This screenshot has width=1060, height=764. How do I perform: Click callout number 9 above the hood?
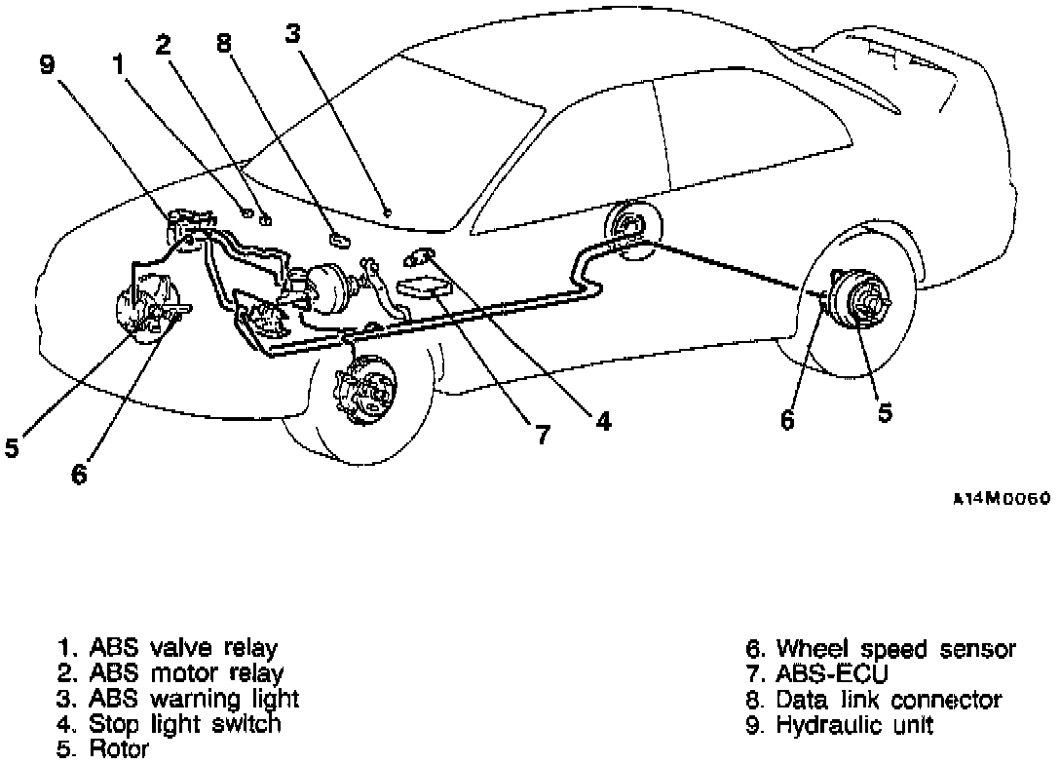point(47,65)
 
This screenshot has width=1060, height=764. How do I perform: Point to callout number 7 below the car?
point(543,435)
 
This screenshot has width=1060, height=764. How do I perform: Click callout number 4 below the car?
point(603,421)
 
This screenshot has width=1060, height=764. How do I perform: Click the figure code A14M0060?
point(1001,498)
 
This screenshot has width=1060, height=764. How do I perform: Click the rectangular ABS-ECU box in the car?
point(425,289)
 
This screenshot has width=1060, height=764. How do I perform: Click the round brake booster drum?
point(331,288)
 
